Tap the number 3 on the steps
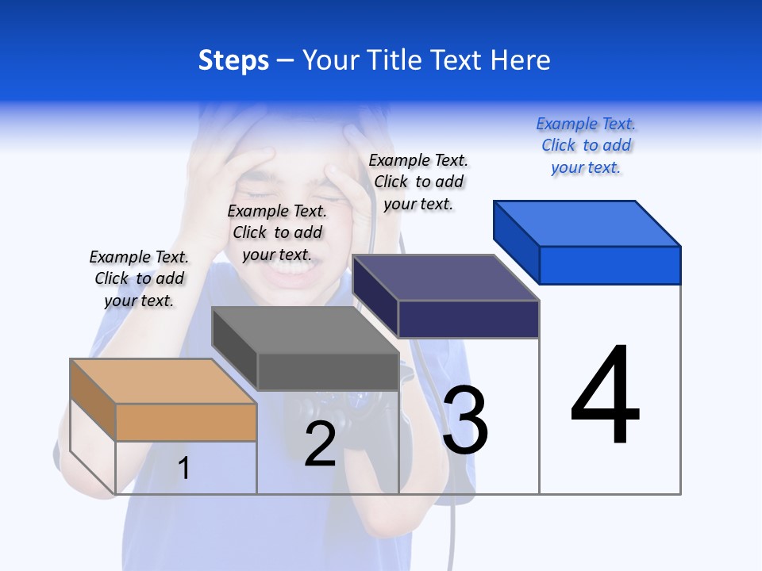click(x=465, y=420)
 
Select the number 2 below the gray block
click(x=320, y=444)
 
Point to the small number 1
click(x=183, y=468)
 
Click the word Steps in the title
click(x=233, y=60)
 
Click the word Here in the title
click(x=521, y=60)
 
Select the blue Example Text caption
click(x=586, y=145)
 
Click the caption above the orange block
click(x=139, y=278)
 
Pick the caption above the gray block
click(x=277, y=232)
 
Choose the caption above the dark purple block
click(x=418, y=182)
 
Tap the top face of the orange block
click(x=164, y=381)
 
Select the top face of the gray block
click(x=305, y=329)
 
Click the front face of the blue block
click(x=610, y=265)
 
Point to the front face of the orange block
click(x=186, y=422)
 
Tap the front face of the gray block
click(x=327, y=371)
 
